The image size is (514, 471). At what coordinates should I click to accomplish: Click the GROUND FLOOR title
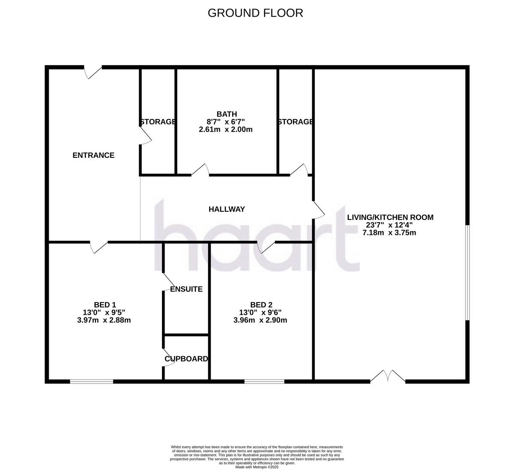[255, 13]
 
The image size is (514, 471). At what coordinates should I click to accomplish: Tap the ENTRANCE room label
[93, 155]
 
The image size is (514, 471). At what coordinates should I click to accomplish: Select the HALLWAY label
[227, 209]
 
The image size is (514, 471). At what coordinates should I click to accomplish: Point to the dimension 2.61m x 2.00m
[226, 129]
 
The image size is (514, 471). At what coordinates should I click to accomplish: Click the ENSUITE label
[186, 289]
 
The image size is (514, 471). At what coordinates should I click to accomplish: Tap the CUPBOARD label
[186, 359]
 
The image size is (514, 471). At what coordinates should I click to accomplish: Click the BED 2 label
[261, 305]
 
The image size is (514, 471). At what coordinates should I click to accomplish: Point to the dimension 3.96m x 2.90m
[260, 320]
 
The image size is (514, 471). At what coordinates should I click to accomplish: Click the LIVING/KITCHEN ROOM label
[390, 217]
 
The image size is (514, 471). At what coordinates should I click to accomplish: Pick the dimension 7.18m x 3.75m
[389, 233]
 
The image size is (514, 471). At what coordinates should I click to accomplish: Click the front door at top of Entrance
[93, 72]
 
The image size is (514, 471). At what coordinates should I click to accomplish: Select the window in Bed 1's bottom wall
[92, 381]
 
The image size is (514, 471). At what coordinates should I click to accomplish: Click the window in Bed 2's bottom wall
[264, 381]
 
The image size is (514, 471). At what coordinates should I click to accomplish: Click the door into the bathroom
[200, 170]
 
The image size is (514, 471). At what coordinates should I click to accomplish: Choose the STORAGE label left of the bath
[158, 122]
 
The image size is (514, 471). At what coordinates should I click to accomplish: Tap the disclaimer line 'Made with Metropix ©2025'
[257, 468]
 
